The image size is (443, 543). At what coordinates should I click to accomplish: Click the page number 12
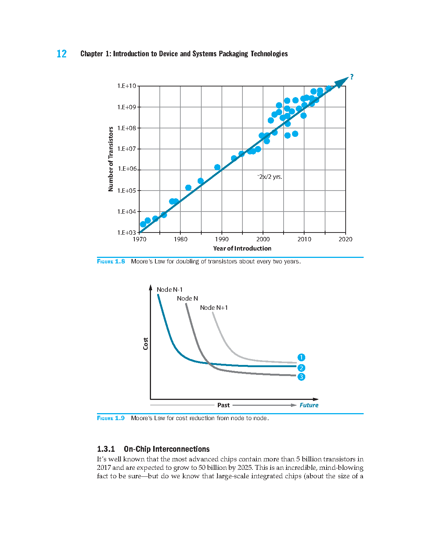click(61, 54)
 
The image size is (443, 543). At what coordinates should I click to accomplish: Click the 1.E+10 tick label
click(126, 86)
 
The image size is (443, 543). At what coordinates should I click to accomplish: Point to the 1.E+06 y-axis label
click(127, 168)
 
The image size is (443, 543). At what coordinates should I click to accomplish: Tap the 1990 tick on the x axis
click(221, 239)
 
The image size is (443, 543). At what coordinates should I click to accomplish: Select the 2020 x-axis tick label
click(345, 239)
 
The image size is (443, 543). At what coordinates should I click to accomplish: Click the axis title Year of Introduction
click(242, 248)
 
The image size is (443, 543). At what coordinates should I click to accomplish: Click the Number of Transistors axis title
click(111, 159)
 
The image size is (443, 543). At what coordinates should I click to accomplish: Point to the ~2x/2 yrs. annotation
click(270, 177)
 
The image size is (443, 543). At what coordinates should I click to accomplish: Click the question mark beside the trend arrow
click(352, 77)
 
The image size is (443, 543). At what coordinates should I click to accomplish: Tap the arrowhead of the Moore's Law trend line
click(342, 82)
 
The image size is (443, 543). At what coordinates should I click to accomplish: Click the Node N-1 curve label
click(169, 290)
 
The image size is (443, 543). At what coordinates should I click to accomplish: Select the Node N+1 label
click(214, 308)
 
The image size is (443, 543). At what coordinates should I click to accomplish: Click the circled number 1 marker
click(301, 357)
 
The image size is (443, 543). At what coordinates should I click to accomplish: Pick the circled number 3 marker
click(301, 377)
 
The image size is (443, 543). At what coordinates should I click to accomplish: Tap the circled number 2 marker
click(301, 368)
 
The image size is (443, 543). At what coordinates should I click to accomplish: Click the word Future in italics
click(309, 405)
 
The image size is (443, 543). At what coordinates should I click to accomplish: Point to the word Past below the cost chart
click(223, 405)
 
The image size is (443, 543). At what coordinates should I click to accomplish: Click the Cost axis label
click(145, 344)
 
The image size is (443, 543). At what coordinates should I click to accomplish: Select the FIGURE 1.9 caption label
click(111, 418)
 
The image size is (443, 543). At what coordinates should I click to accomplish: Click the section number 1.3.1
click(106, 449)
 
